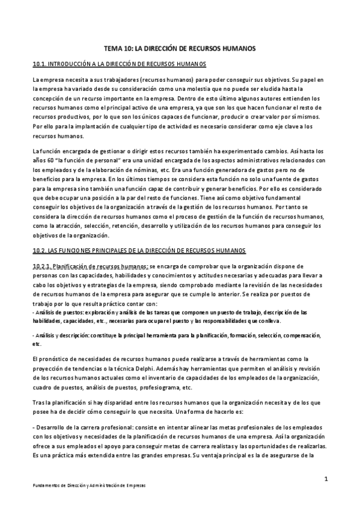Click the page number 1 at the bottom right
pos(325,479)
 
